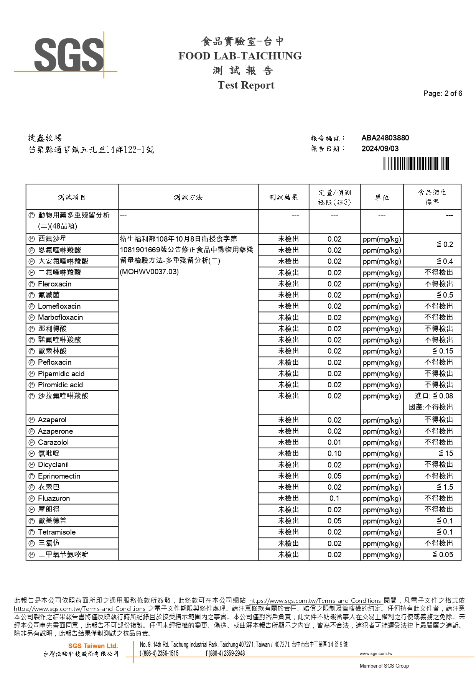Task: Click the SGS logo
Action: (69, 55)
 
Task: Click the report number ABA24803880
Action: (385, 138)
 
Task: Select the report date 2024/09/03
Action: (380, 149)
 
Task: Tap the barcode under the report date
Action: (416, 164)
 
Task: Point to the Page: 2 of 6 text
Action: (442, 94)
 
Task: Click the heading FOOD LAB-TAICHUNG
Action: (240, 56)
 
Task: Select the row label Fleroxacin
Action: (54, 284)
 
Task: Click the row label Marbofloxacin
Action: (60, 318)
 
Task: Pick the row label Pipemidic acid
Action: (61, 374)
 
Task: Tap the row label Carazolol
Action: (53, 443)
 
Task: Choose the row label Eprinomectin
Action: (59, 476)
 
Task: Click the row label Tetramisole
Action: (57, 532)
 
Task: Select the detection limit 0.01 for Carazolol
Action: (334, 443)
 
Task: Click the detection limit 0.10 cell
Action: (334, 454)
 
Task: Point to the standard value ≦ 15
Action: (446, 454)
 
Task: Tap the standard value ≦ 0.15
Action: (443, 351)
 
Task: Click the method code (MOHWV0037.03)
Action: (149, 272)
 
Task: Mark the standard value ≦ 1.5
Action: (445, 487)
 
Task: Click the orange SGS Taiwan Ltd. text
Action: (93, 646)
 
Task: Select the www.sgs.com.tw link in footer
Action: (376, 653)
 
